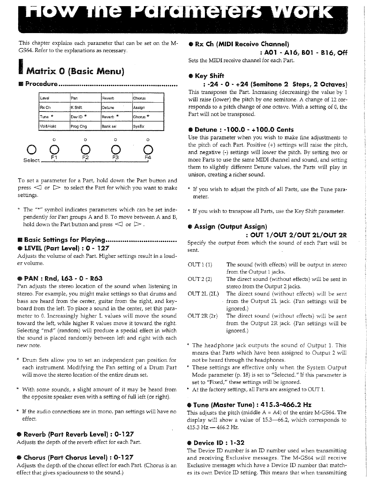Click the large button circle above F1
tap(54, 150)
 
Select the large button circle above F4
tap(148, 150)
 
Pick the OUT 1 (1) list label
tap(200, 265)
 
